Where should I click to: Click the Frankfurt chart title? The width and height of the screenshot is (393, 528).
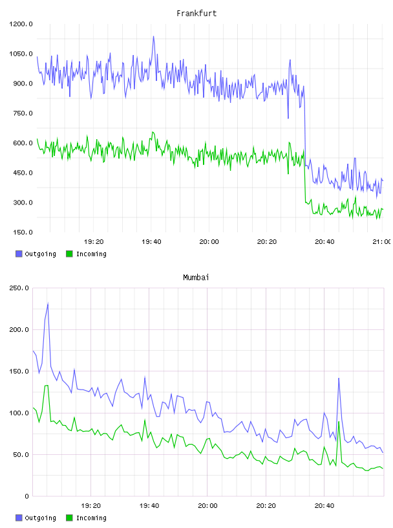coord(197,14)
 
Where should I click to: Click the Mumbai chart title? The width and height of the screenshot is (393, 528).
coord(196,278)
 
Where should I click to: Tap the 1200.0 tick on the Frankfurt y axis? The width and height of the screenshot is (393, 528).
coord(21,24)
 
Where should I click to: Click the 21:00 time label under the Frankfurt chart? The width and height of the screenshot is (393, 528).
coord(381,242)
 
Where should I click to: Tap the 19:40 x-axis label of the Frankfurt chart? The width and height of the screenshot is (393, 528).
coord(151,242)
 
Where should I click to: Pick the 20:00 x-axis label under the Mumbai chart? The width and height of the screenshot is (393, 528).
coord(207,506)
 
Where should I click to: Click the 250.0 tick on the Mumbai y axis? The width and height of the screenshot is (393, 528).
coord(19,288)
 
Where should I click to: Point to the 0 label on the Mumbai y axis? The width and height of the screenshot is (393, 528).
coord(27,496)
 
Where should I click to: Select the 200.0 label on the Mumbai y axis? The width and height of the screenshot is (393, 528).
coord(19,329)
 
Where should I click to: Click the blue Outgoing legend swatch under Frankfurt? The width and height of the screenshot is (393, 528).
coord(19,254)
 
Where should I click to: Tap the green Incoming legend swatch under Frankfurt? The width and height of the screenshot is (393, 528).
coord(69,254)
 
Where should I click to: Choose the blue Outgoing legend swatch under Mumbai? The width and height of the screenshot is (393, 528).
coord(19,518)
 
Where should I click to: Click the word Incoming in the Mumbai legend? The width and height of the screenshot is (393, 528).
coord(91,518)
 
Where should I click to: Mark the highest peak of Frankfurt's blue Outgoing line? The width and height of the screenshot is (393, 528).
coord(153,36)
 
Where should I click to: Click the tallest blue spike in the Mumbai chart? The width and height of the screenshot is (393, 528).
coord(48,303)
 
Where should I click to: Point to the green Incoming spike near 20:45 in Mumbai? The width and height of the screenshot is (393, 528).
coord(339,422)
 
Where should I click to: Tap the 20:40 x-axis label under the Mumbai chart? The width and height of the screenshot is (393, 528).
coord(324,506)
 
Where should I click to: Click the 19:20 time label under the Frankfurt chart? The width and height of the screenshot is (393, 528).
coord(94,242)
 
